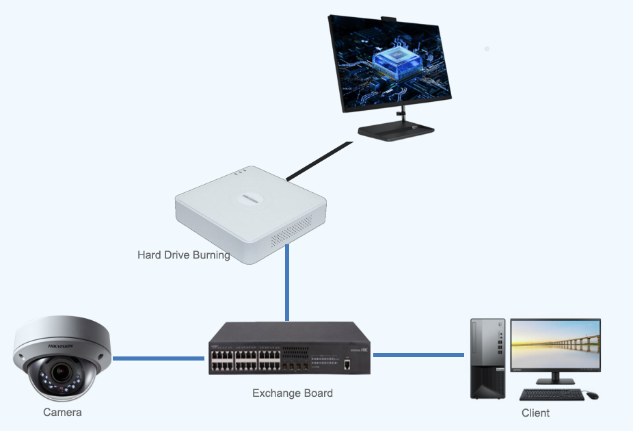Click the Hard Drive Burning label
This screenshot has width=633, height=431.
[x=183, y=255]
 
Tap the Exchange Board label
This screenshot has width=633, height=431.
[x=293, y=393]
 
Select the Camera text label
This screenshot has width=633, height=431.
[x=62, y=413]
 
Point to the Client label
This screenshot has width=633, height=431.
[x=535, y=413]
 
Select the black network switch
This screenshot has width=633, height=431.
[x=289, y=348]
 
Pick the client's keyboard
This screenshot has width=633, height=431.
[x=552, y=395]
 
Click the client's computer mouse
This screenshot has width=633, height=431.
[x=592, y=395]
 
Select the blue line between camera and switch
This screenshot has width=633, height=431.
[x=159, y=358]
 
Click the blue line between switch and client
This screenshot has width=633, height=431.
[x=418, y=354]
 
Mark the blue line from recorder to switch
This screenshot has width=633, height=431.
[x=287, y=284]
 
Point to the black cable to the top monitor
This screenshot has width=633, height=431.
[x=319, y=161]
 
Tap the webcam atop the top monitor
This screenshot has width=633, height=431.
[x=388, y=18]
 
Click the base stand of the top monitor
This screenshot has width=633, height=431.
[x=396, y=131]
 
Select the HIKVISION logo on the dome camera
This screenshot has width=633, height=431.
[x=59, y=347]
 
